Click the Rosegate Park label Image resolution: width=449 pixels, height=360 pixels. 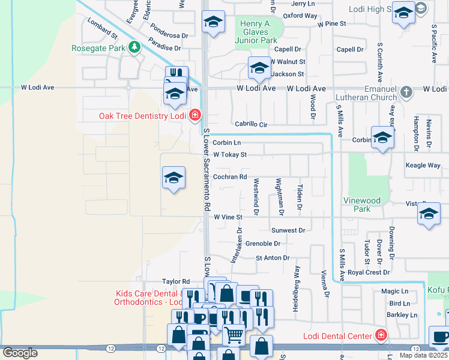point(98,48)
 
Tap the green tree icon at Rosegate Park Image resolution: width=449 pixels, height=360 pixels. point(135,47)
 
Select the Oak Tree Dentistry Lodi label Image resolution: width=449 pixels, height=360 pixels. point(143,116)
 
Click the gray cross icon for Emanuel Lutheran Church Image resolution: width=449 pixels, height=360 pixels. point(407,92)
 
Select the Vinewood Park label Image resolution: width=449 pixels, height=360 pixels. point(362,205)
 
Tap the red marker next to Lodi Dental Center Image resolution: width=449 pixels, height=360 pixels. point(379,334)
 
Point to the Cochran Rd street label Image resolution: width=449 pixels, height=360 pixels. point(230,177)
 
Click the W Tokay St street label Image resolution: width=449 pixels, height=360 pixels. point(230,155)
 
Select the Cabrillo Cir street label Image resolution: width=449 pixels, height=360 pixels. point(250,124)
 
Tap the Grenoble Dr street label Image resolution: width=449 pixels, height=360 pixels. point(263,244)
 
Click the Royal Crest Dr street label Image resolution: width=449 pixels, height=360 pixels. point(369,272)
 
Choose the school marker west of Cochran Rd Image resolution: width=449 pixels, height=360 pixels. point(173,178)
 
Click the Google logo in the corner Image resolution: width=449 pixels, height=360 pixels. point(20,353)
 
